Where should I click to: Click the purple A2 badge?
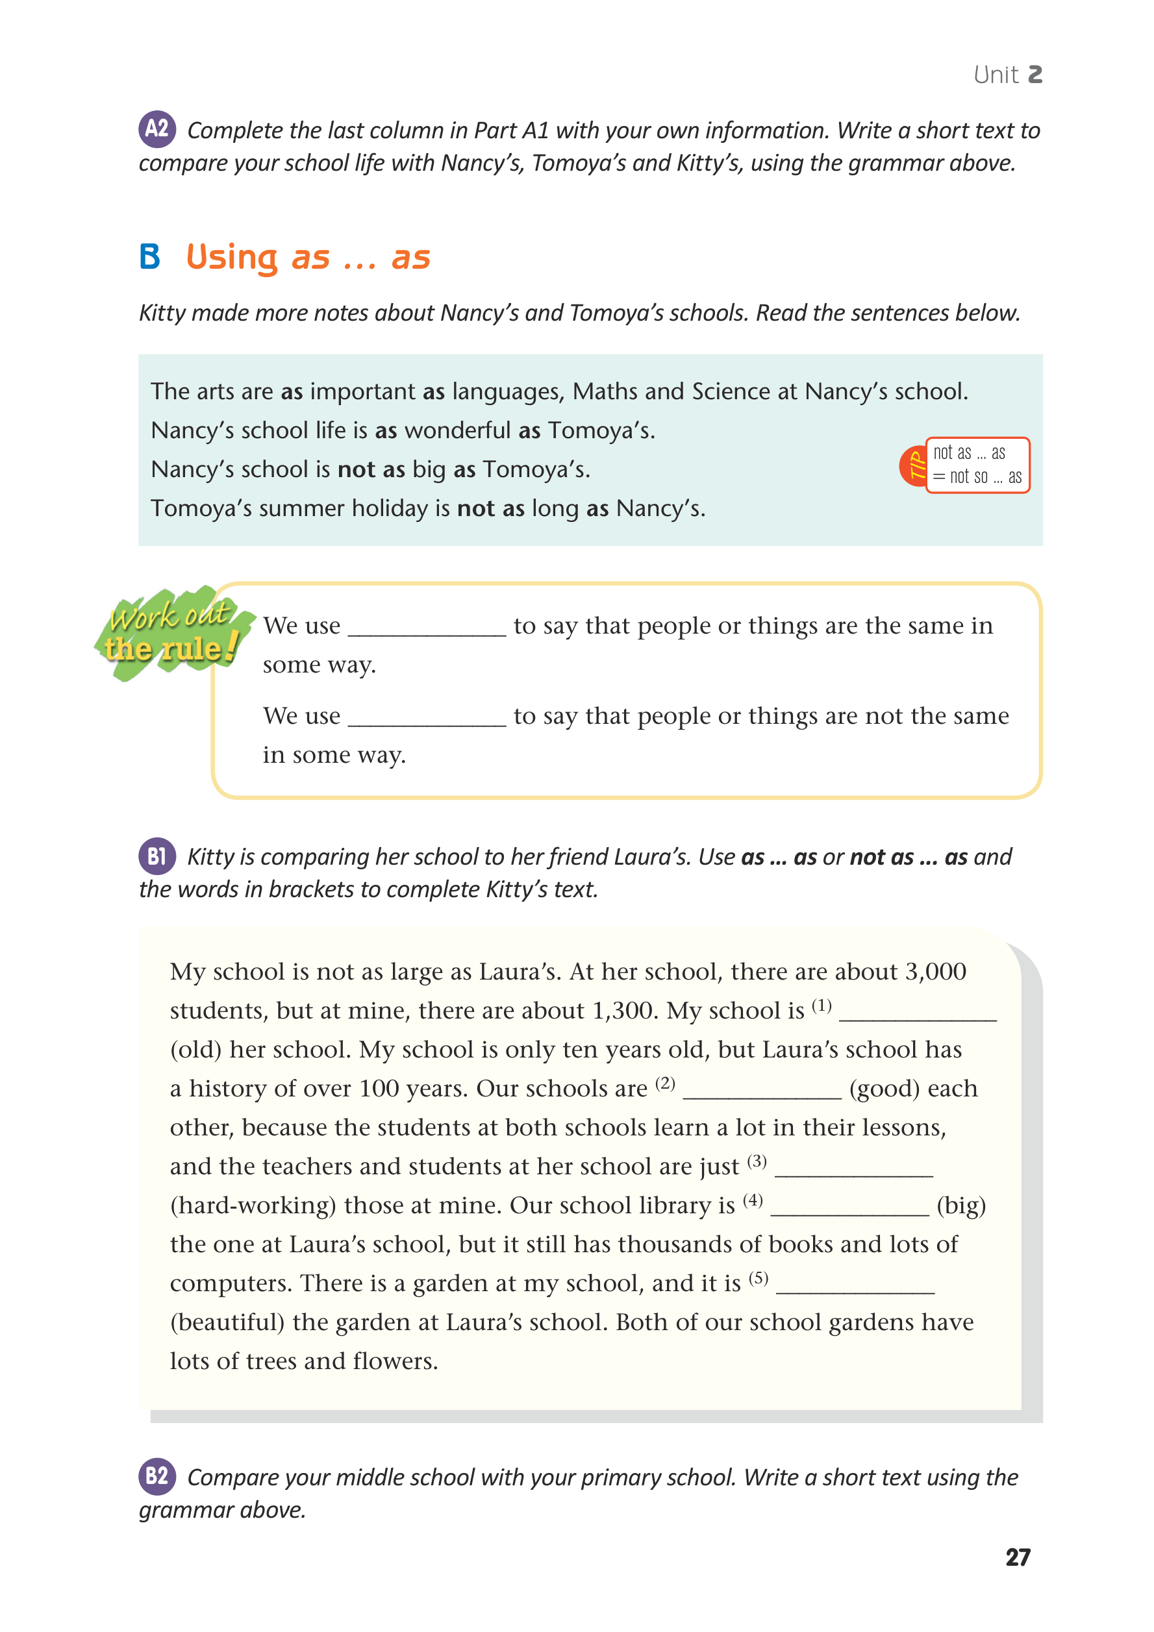tap(157, 129)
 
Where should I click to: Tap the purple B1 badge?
tap(157, 856)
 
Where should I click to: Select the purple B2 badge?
tap(157, 1476)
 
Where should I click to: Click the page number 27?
tap(1018, 1557)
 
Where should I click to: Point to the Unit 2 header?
tap(1007, 75)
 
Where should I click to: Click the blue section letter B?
tap(150, 256)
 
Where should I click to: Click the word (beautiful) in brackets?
tap(227, 1322)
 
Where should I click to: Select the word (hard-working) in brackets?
tap(253, 1205)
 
